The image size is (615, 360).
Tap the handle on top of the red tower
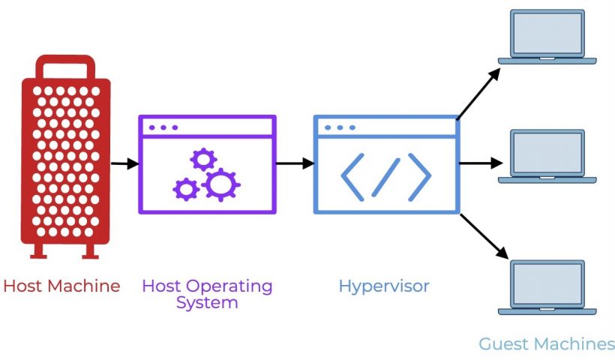66,65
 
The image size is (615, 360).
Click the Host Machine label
61,286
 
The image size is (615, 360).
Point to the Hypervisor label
384,286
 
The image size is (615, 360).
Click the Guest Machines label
547,344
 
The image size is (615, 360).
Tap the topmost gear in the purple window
203,159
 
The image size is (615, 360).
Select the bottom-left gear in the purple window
185,188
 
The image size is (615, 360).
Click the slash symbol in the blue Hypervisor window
386,176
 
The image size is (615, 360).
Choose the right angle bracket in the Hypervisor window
419,176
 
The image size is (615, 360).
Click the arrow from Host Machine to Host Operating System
124,163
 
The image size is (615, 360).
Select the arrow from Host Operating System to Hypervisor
294,163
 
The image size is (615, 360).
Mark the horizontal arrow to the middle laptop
480,163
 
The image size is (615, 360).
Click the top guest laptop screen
547,33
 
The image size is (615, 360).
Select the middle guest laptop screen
547,153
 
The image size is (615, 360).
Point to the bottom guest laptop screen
547,283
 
